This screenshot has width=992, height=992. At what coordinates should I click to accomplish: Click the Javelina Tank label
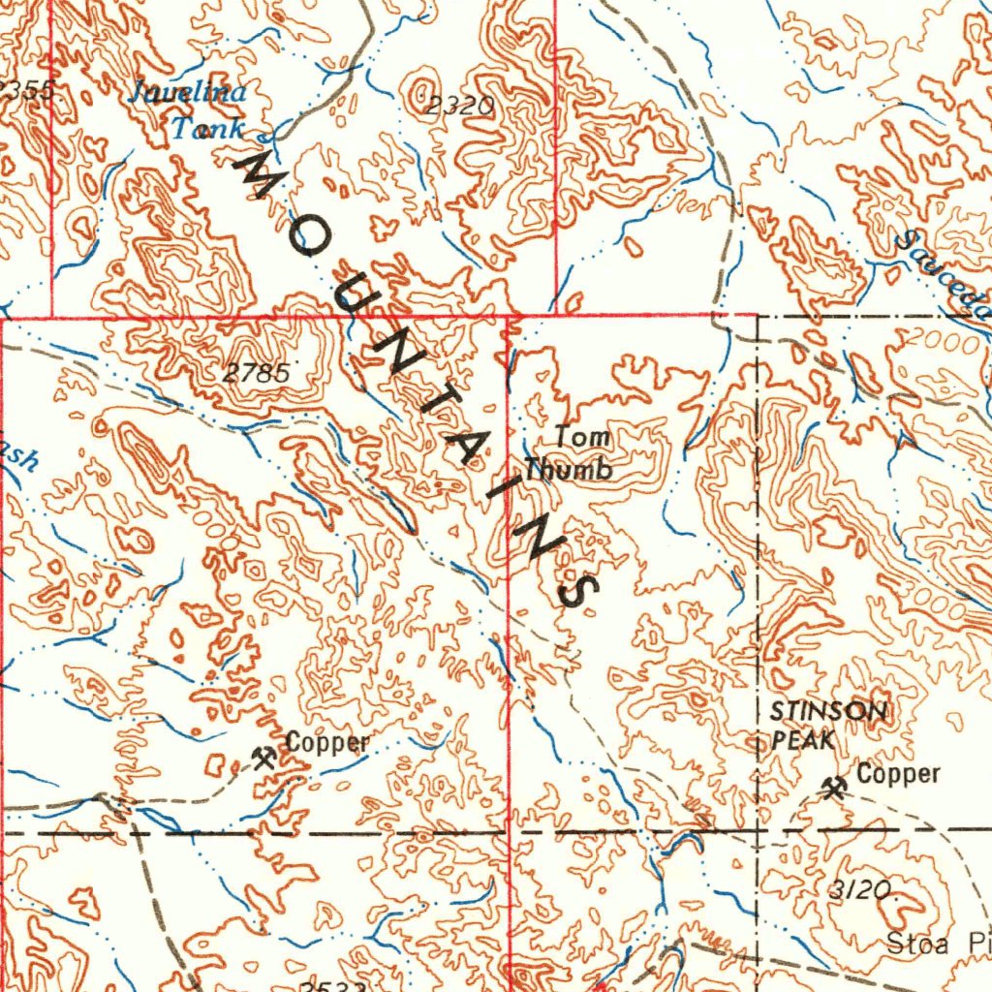tap(191, 109)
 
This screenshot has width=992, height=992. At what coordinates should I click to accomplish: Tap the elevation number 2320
tap(460, 106)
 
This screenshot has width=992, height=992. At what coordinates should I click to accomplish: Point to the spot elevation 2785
tap(257, 371)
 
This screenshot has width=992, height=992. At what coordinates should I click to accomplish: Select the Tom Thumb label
tap(571, 452)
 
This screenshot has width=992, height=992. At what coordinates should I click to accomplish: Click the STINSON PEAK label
tap(826, 726)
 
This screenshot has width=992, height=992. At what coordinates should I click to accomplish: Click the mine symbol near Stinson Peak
tap(833, 787)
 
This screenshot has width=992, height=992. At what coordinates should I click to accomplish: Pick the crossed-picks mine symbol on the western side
tap(263, 757)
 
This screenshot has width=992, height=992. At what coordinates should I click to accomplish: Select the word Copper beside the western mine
tap(327, 743)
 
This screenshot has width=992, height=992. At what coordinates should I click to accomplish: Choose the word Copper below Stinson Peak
tap(898, 774)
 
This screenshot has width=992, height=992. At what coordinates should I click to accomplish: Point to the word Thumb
tap(569, 470)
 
